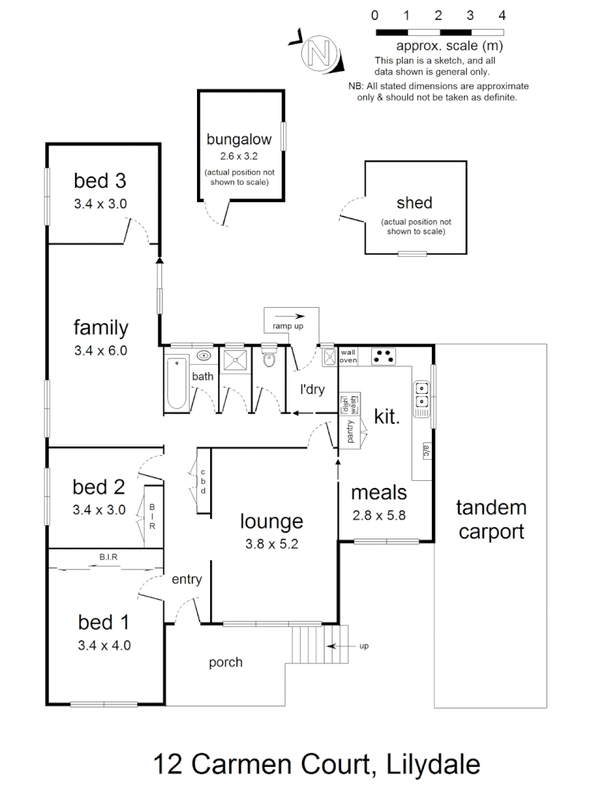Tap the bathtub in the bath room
pos(177,382)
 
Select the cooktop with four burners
pos(383,356)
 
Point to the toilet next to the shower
pos(269,358)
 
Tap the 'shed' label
pos(414,202)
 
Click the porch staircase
pos(306,643)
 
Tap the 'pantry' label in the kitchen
pos(349,433)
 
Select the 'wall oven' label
pos(348,356)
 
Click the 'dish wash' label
pos(349,403)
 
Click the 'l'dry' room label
pos(312,389)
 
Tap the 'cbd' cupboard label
pos(204,481)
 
